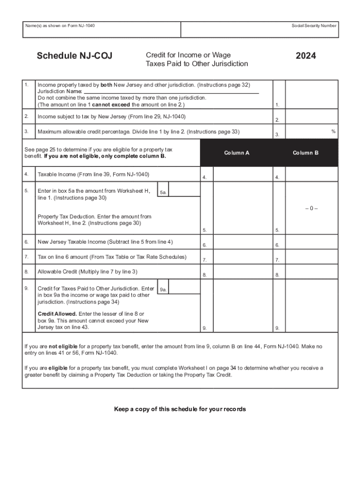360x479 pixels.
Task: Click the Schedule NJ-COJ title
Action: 74,57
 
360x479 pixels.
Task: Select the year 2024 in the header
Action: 306,56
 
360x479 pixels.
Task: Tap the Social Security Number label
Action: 314,26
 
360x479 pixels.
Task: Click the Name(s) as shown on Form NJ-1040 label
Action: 60,26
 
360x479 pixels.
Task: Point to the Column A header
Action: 237,153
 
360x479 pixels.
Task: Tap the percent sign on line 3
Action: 333,132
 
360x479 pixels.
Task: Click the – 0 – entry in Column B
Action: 311,208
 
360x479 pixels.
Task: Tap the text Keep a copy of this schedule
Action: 180,409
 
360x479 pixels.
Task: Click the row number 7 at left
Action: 27,257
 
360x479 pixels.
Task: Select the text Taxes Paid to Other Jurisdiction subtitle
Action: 197,64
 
